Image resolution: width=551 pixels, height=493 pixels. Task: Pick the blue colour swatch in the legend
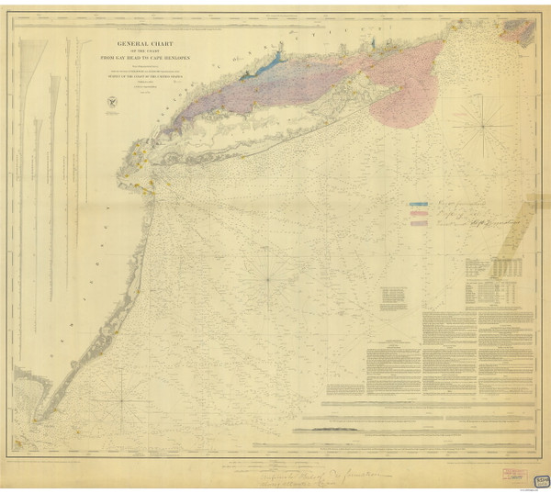coord(420,203)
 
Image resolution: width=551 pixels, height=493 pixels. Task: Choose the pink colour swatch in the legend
coord(420,213)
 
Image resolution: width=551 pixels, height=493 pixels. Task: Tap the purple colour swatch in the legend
coord(420,223)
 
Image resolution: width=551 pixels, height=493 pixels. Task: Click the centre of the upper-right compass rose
coord(480,126)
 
